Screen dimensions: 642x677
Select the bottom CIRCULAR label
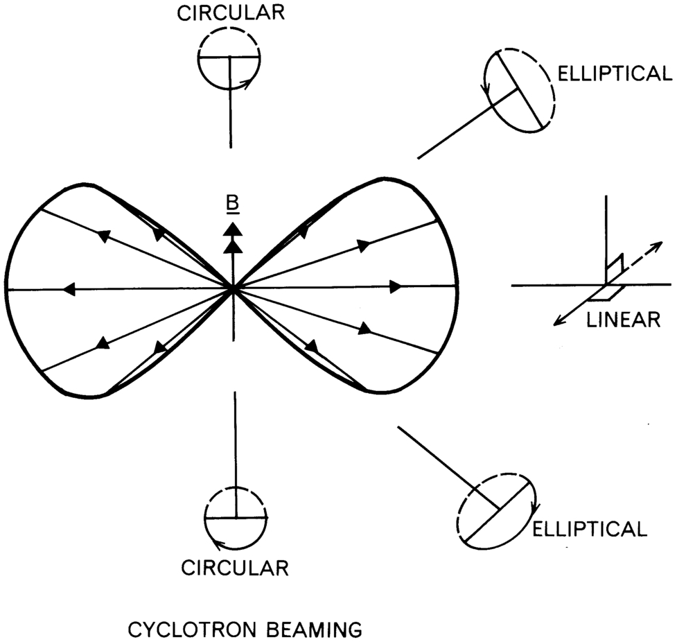[x=235, y=568]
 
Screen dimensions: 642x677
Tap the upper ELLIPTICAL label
[x=614, y=74]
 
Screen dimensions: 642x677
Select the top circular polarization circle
[x=229, y=58]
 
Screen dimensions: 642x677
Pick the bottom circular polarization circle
[x=236, y=517]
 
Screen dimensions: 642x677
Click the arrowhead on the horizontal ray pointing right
[x=396, y=286]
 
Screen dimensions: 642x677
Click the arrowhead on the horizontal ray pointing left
[x=69, y=289]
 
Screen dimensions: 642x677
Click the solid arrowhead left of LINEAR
[x=559, y=320]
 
